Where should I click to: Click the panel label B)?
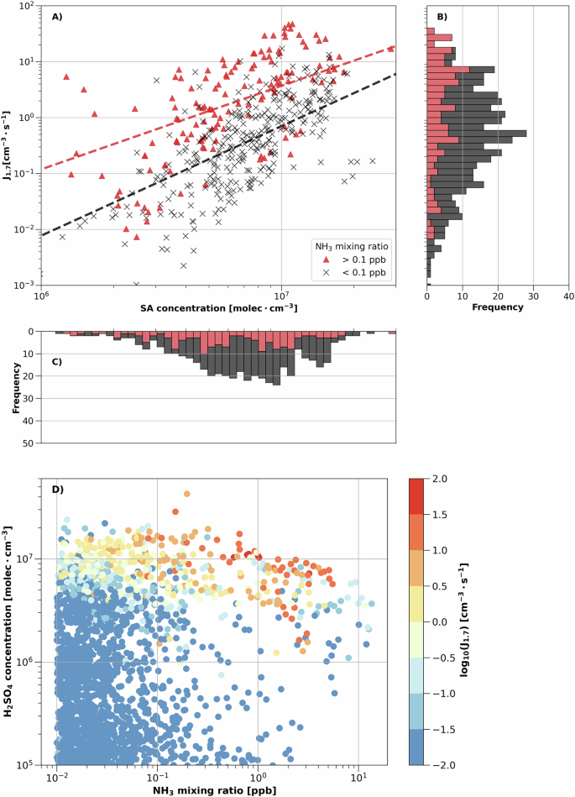pyautogui.click(x=438, y=17)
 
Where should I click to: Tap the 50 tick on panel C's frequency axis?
pyautogui.click(x=27, y=443)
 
